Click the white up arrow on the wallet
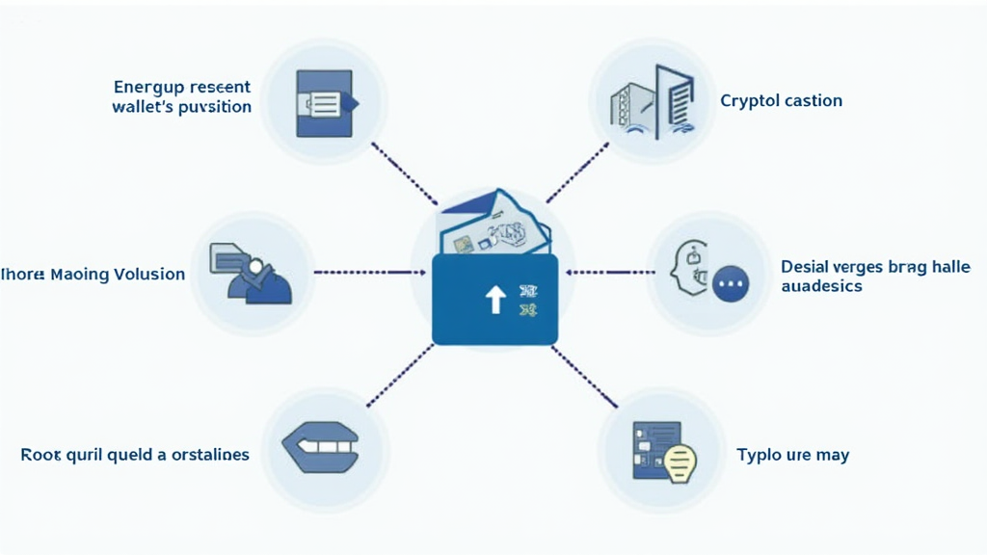pyautogui.click(x=494, y=300)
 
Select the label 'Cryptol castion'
pyautogui.click(x=781, y=100)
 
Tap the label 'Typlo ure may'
pyautogui.click(x=792, y=454)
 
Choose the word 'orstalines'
pyautogui.click(x=203, y=454)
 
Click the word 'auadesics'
pyautogui.click(x=821, y=286)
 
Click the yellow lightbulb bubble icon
pyautogui.click(x=680, y=461)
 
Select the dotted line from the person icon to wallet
pyautogui.click(x=371, y=273)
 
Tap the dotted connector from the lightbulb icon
pyautogui.click(x=584, y=374)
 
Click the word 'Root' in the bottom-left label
pyautogui.click(x=41, y=454)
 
